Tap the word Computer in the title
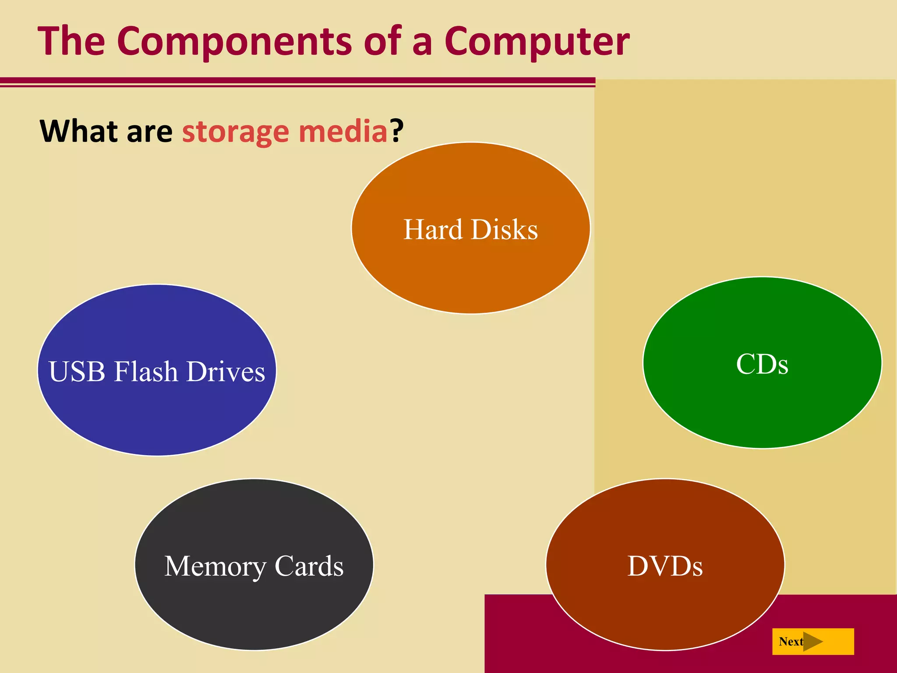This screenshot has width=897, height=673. pos(537,42)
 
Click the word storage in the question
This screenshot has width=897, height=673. pos(236,132)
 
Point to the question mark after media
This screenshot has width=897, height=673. pos(397,130)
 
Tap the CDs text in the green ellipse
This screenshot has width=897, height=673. pos(762,364)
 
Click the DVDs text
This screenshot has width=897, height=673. pos(665,566)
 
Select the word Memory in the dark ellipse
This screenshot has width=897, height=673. pos(215,567)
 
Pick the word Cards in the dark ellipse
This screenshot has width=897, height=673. pos(309,566)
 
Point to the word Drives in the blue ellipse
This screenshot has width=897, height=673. pos(226,372)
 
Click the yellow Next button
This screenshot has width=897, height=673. pos(813,641)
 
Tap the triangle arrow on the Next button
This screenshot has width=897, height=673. pos(812,641)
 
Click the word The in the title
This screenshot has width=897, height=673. pos(71,41)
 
